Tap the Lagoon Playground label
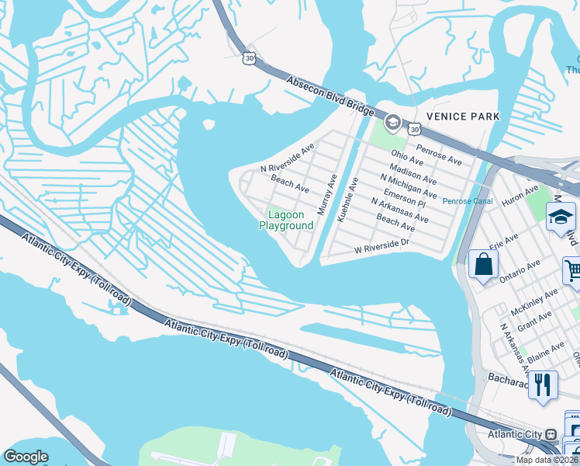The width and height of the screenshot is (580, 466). click(x=286, y=221)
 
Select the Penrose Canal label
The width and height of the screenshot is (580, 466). click(x=468, y=201)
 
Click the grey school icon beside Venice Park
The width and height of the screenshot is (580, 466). click(x=392, y=123)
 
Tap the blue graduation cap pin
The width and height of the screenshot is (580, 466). click(x=561, y=217)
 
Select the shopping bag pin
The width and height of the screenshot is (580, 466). click(x=483, y=265)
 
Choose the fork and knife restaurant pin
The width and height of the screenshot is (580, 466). click(x=544, y=384)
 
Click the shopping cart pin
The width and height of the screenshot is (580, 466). click(x=573, y=272)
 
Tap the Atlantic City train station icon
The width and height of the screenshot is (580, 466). click(x=551, y=434)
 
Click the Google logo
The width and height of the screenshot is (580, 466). click(x=26, y=457)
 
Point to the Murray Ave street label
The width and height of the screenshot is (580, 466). click(x=327, y=194)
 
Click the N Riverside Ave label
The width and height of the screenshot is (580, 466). click(x=287, y=158)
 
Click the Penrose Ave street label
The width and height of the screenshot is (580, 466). click(x=439, y=155)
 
